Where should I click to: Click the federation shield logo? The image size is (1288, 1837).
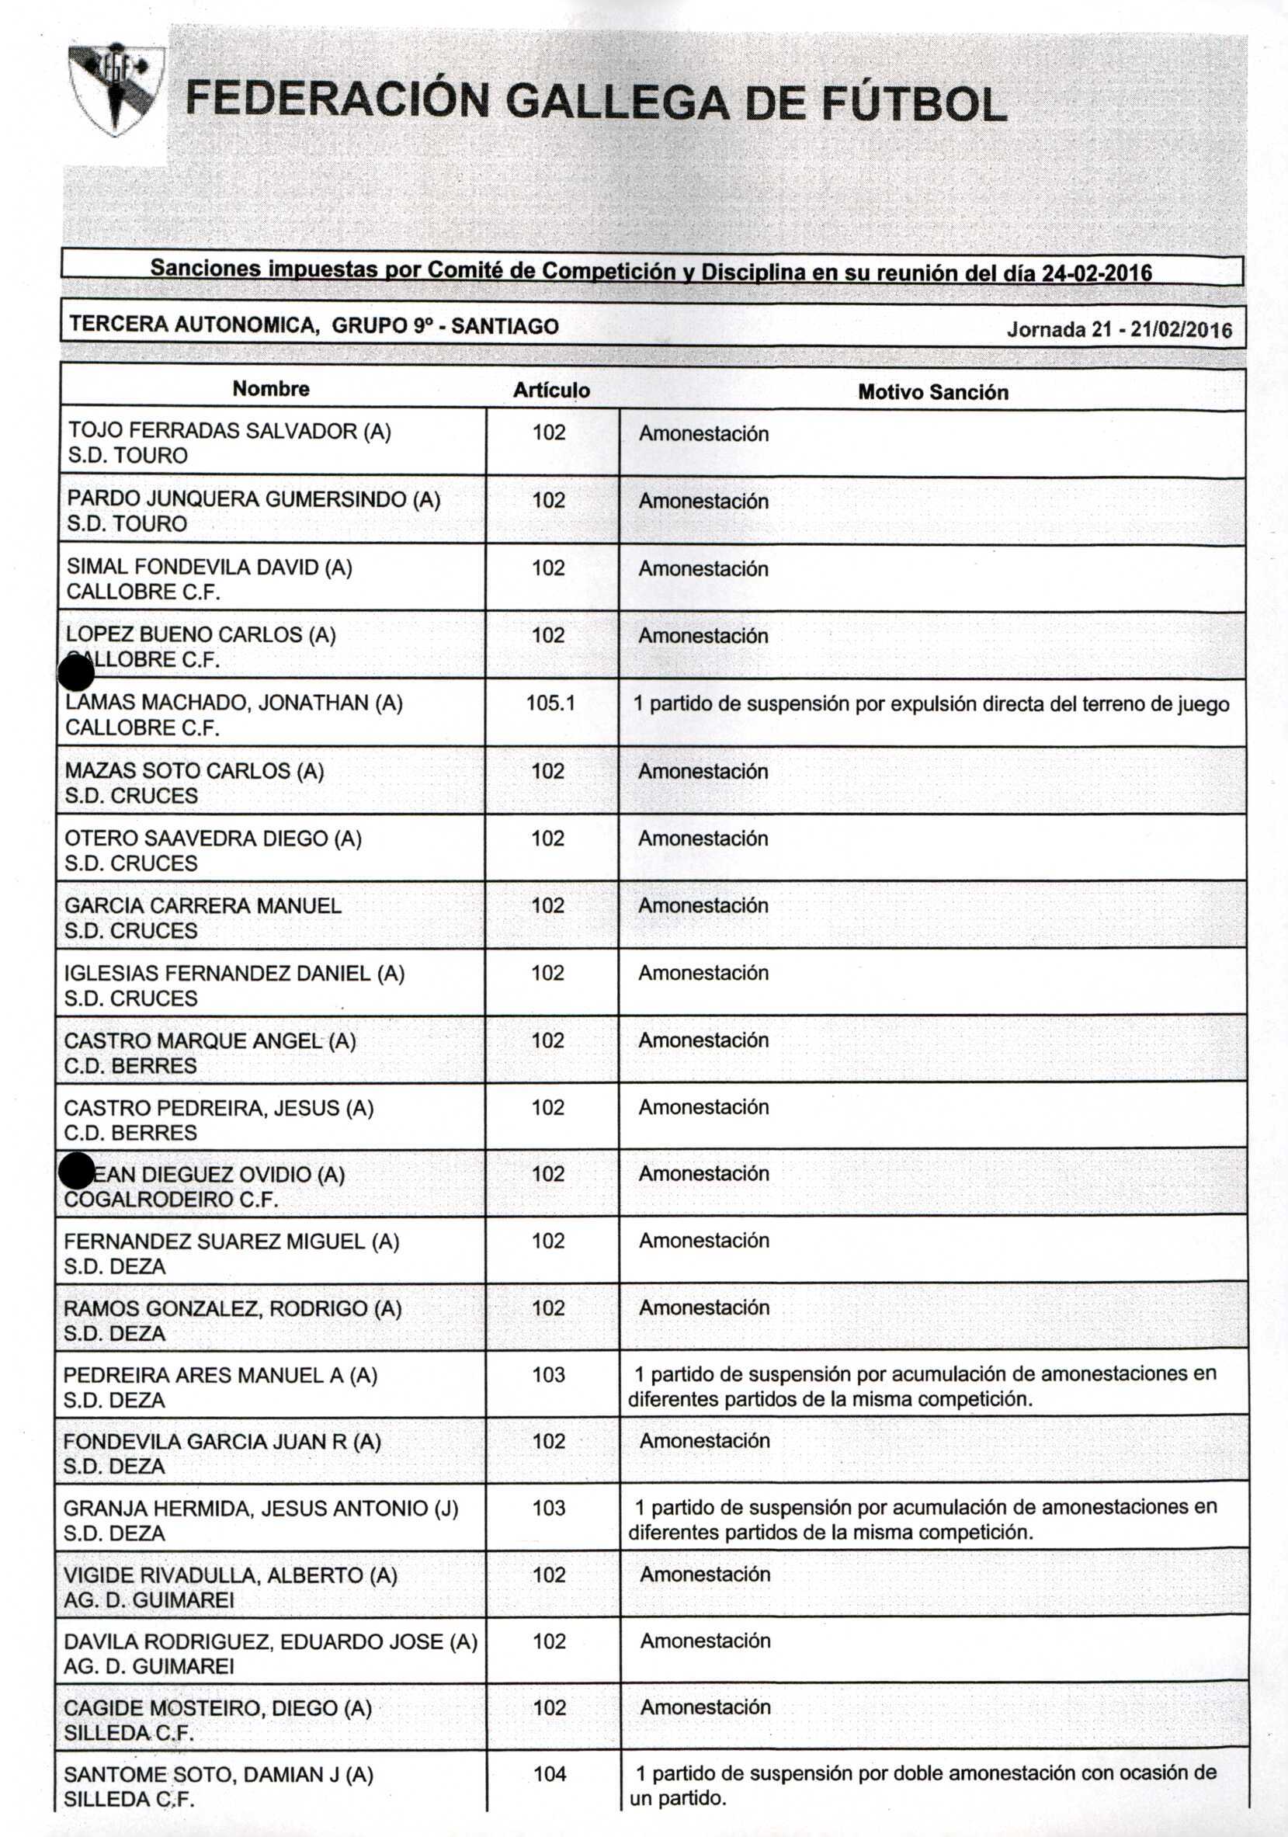[116, 89]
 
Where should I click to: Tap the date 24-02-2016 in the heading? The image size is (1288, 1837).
[1096, 273]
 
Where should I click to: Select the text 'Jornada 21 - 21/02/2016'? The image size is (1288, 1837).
[1119, 330]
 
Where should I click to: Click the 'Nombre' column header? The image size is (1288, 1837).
[270, 389]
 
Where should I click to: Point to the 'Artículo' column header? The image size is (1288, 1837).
[551, 391]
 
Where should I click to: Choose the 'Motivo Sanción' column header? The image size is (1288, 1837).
[932, 392]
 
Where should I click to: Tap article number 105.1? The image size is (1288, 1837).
[550, 703]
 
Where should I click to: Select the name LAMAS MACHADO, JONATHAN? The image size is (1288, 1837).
[234, 703]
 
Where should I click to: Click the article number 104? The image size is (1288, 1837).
[550, 1774]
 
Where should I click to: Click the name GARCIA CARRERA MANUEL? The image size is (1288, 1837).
[203, 906]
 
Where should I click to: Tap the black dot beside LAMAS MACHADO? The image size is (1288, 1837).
[77, 673]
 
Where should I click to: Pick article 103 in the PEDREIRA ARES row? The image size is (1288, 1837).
[549, 1374]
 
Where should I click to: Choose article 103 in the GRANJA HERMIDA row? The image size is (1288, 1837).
[549, 1508]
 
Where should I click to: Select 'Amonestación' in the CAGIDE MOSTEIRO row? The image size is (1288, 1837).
[705, 1707]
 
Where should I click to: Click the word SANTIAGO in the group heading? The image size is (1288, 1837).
[505, 326]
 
